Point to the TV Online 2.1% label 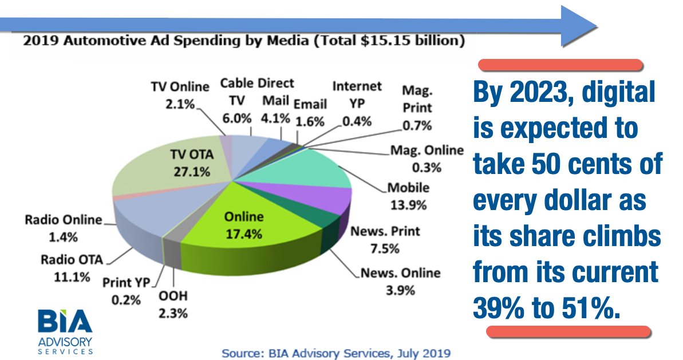point(180,95)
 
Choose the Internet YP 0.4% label point(357,103)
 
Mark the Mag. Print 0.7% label point(416,108)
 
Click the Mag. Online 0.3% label point(427,159)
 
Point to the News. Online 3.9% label point(400,281)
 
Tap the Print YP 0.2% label point(125,290)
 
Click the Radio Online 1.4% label point(63,228)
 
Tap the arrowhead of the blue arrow point(578,25)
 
